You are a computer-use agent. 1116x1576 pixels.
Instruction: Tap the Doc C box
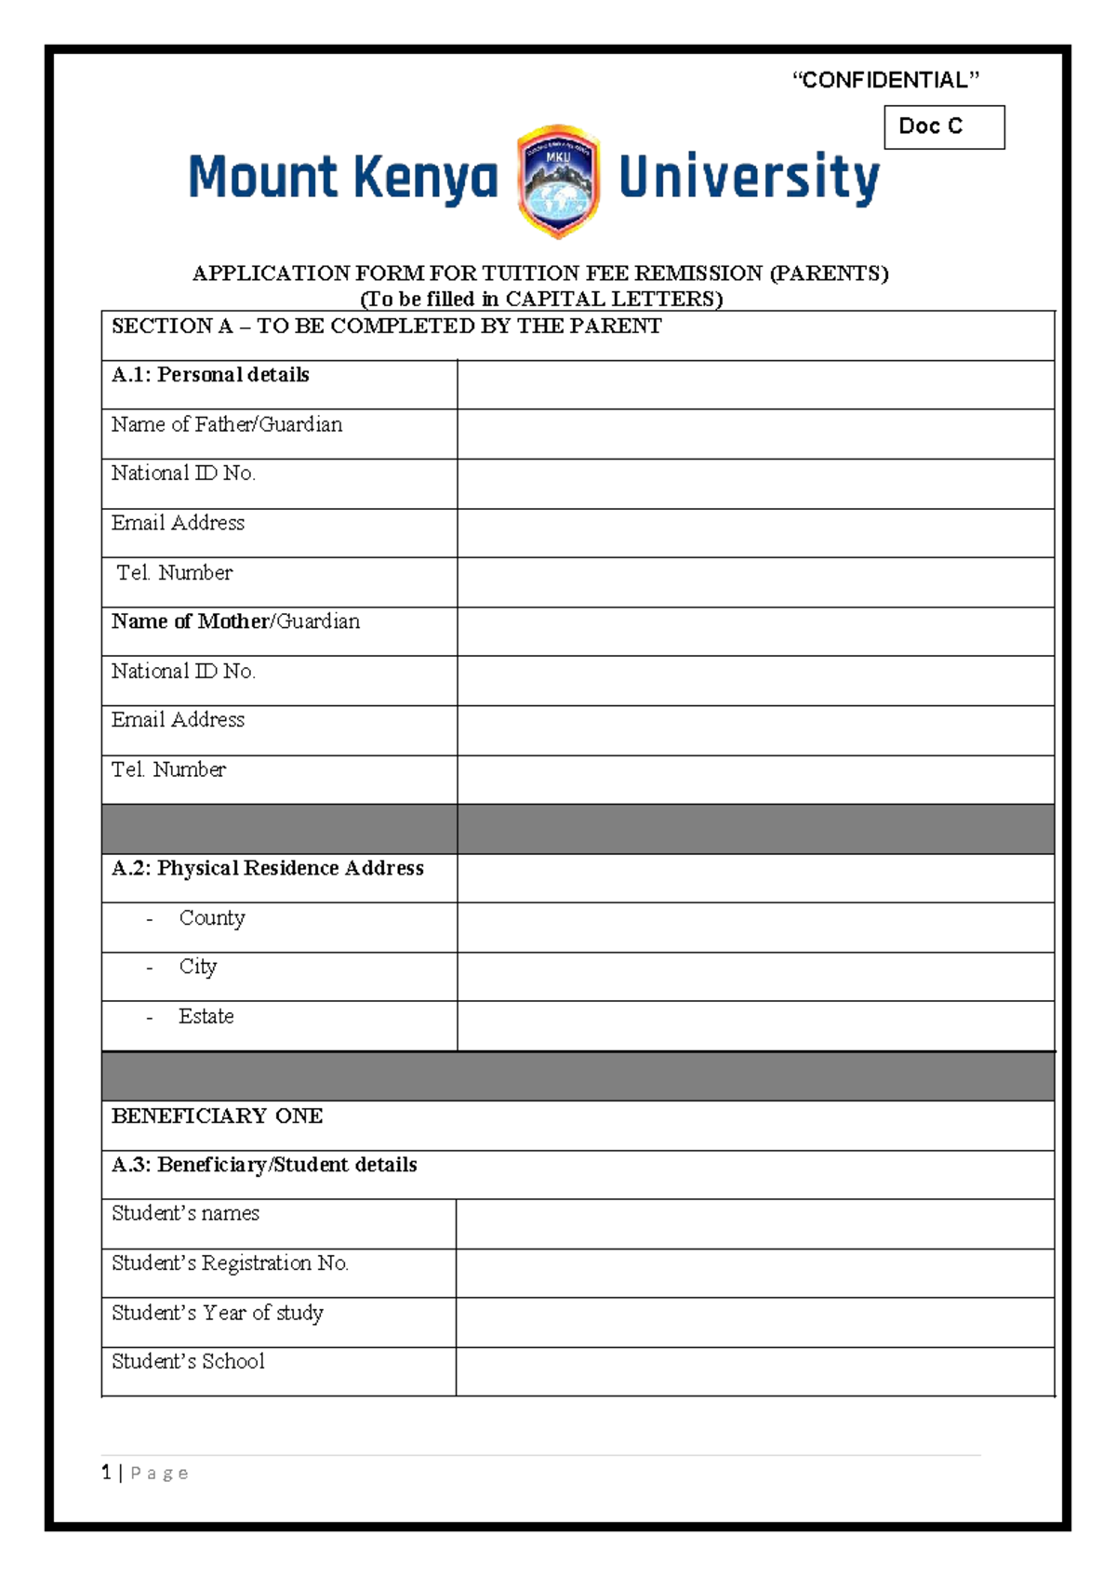[943, 127]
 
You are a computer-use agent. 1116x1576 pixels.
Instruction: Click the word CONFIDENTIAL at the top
[884, 80]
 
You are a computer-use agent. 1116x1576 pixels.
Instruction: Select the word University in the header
[749, 178]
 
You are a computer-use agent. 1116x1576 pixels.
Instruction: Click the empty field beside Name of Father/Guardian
[755, 434]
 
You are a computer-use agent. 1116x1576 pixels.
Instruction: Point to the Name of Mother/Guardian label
[235, 621]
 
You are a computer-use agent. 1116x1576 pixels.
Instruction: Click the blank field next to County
[755, 927]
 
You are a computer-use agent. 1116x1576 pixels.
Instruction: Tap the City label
[197, 967]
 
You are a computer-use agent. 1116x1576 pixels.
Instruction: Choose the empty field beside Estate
[755, 1025]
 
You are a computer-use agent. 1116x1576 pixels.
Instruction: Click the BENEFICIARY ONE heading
[217, 1115]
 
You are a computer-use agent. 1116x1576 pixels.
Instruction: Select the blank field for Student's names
[755, 1223]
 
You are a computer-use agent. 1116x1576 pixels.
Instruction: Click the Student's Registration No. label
[230, 1263]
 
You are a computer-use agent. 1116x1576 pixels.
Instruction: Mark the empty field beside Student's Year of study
[755, 1322]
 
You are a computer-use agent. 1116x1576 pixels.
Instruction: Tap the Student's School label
[188, 1361]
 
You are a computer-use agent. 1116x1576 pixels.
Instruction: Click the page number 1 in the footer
[106, 1472]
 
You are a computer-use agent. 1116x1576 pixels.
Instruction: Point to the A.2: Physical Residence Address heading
[268, 868]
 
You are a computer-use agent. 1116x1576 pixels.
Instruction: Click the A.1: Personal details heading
[210, 375]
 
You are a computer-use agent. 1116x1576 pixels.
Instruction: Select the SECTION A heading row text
[386, 326]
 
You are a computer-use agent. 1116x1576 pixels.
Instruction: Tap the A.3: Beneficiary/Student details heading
[264, 1165]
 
